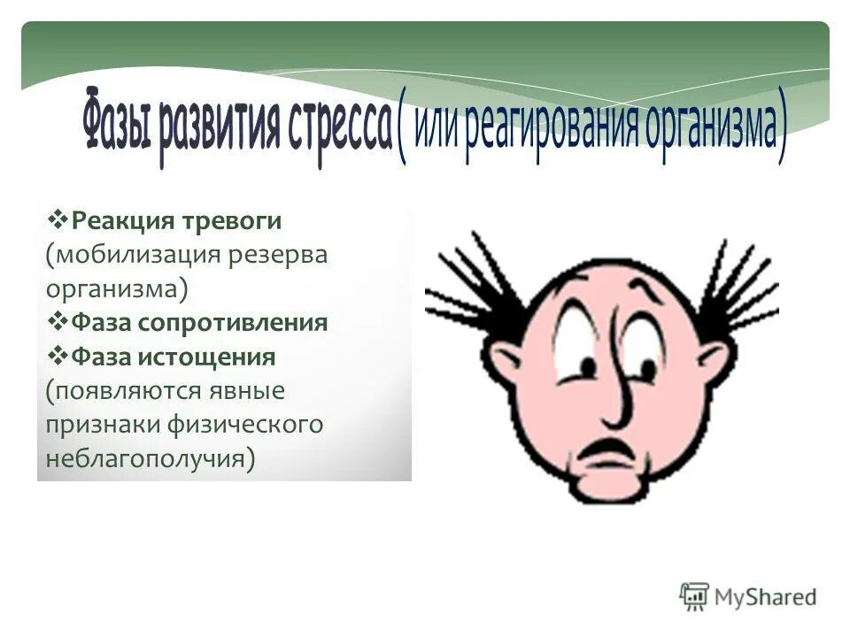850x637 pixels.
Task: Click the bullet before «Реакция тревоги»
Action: pyautogui.click(x=59, y=218)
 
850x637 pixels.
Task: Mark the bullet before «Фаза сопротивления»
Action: pyautogui.click(x=59, y=321)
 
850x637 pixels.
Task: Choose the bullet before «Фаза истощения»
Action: pyautogui.click(x=59, y=356)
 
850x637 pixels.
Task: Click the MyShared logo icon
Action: pyautogui.click(x=694, y=596)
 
